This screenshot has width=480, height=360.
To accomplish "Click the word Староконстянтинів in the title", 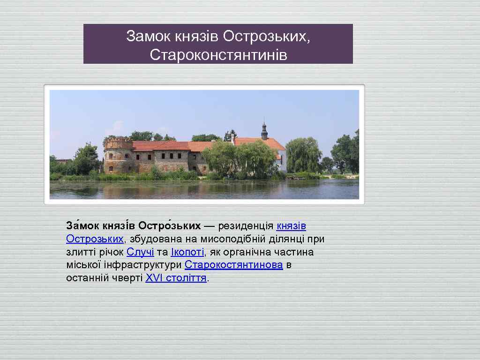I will pos(218,55).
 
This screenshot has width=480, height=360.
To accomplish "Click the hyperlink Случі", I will pos(140,252).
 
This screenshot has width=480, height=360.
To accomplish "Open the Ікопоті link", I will pos(187,252).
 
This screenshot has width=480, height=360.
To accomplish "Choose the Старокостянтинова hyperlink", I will pos(233,265).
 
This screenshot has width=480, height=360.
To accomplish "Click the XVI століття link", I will pos(176,278).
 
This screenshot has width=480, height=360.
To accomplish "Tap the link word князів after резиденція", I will pos(291,226).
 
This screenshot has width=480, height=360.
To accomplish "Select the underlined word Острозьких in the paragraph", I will pos(95,239).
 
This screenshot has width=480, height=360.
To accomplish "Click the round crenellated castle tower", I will pos(118,155).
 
